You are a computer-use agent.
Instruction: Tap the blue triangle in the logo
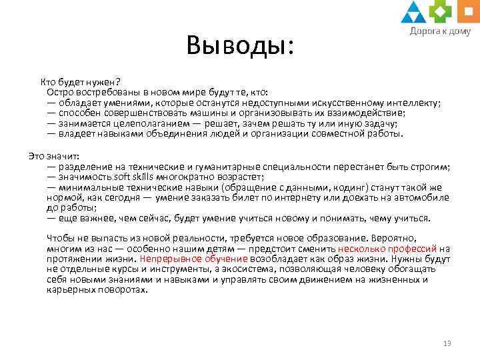tap(414, 13)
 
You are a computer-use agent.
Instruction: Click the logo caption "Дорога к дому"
tap(439, 31)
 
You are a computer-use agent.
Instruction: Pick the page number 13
tap(447, 343)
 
